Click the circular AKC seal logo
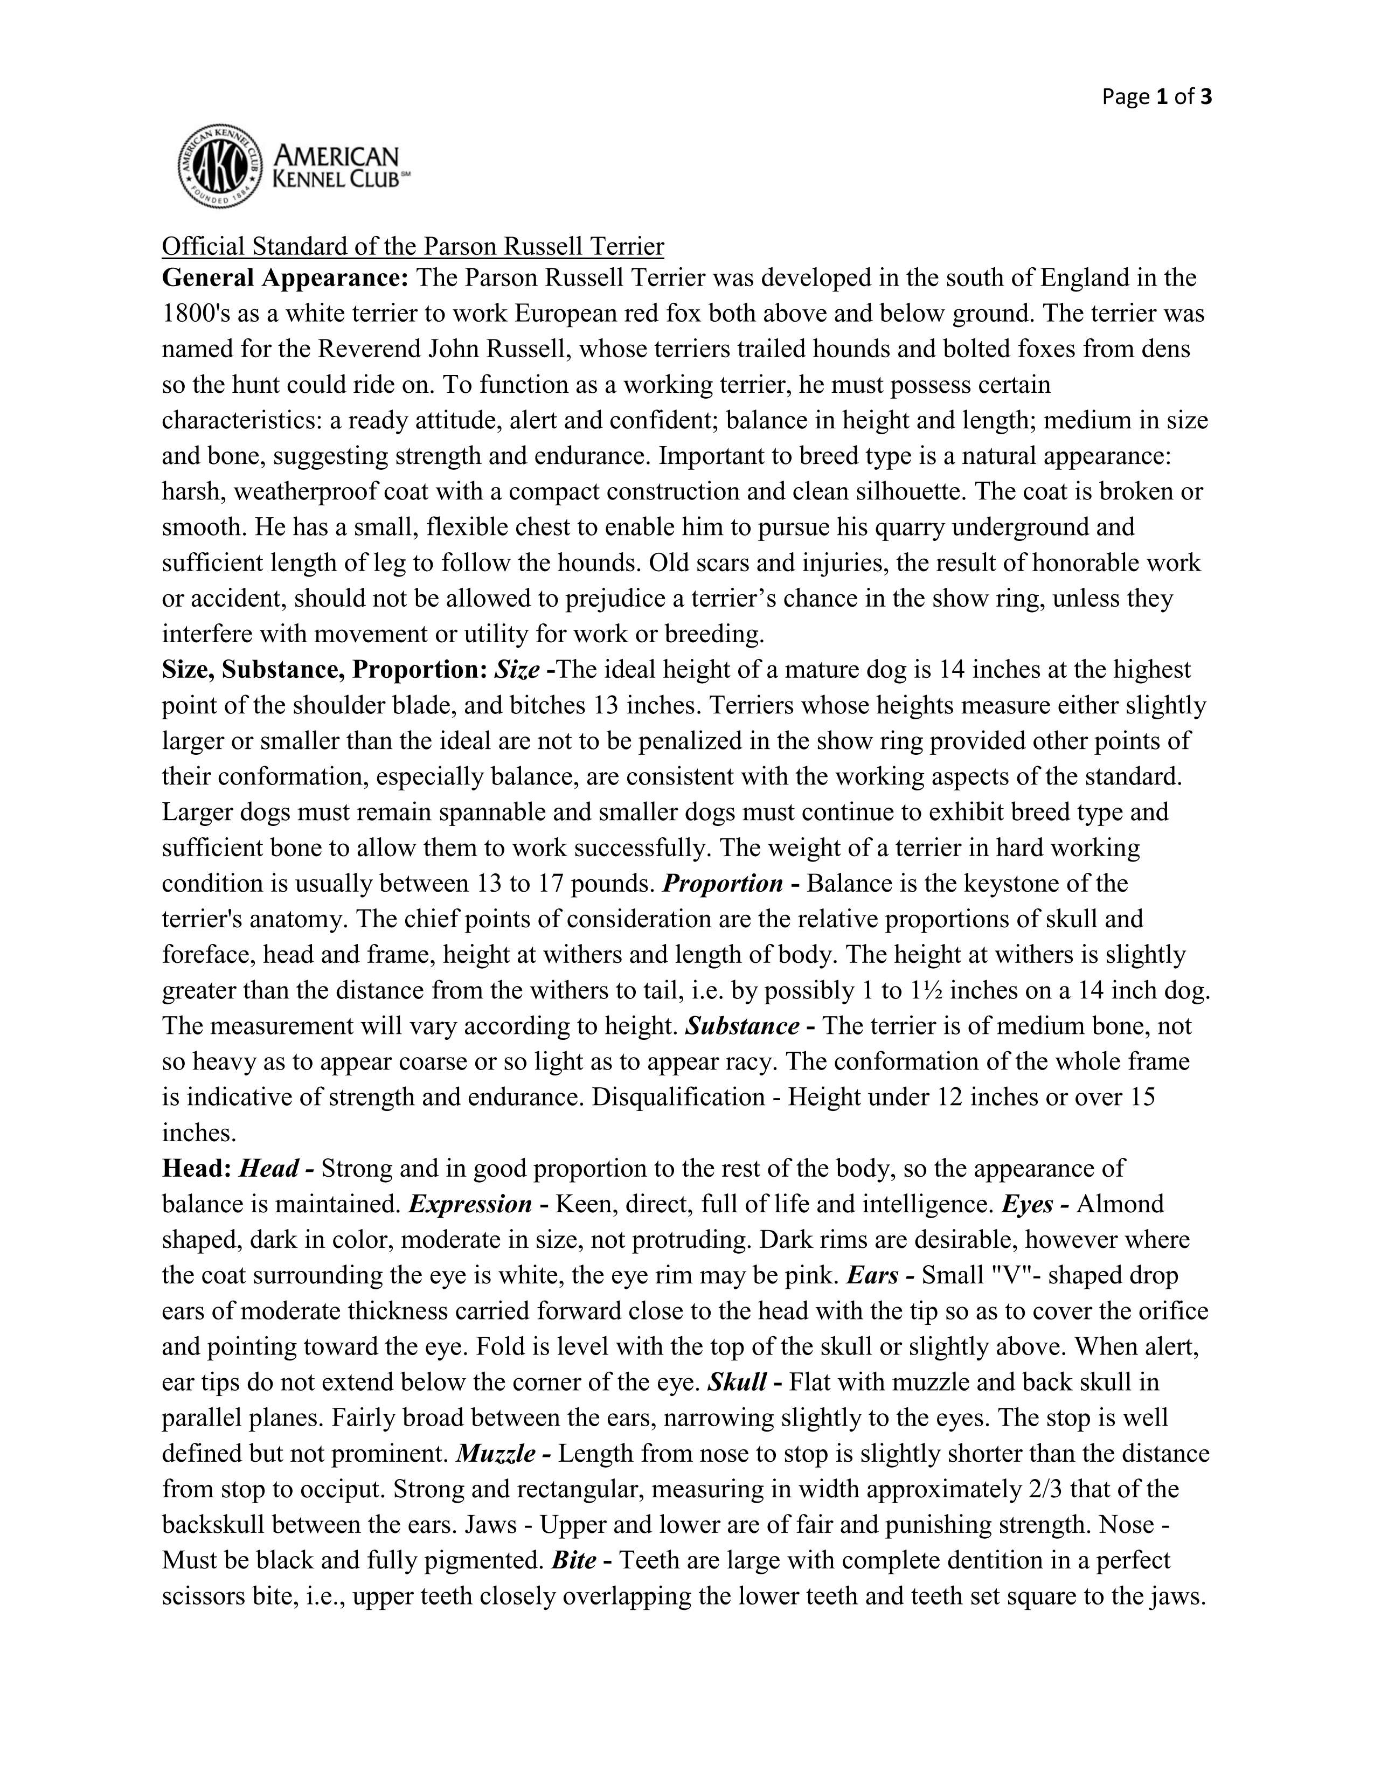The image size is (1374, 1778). [220, 166]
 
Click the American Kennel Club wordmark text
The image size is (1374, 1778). [337, 166]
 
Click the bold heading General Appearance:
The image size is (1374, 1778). [285, 279]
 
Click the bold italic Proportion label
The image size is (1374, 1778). [723, 884]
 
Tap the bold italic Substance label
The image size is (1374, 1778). [742, 1026]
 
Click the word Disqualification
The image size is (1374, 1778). [678, 1098]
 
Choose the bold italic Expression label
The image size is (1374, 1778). [470, 1205]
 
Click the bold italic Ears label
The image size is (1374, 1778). [872, 1276]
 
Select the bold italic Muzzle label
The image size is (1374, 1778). [496, 1454]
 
